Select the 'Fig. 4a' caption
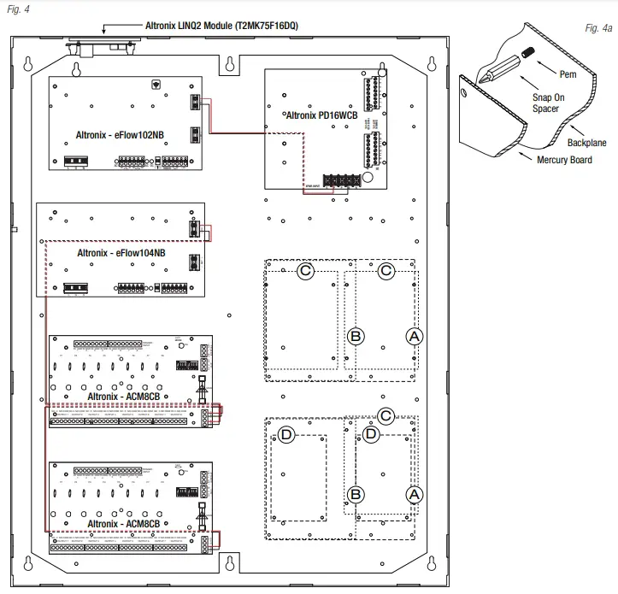pos(598,28)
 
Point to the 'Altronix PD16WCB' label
pos(319,114)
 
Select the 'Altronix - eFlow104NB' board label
pos(121,253)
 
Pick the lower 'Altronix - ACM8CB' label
pos(127,521)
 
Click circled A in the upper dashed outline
pos(414,337)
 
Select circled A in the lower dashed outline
pos(414,494)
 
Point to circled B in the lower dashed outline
pos(357,493)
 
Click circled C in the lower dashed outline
pos(386,416)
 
